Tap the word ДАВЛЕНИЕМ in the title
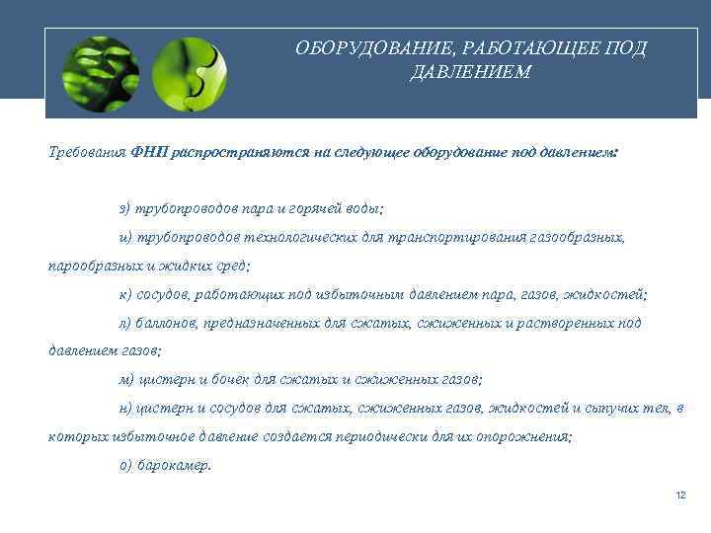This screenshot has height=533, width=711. click(470, 72)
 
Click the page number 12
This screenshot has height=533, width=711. click(679, 495)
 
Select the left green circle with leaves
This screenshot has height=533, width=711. click(101, 72)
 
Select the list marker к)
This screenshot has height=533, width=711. click(124, 294)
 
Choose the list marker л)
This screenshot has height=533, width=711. click(124, 322)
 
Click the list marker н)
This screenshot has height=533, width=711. click(124, 407)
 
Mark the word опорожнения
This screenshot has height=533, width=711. click(525, 436)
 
